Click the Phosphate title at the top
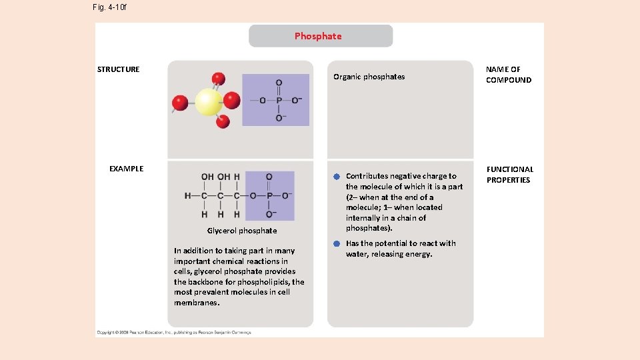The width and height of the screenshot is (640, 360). [x=318, y=36]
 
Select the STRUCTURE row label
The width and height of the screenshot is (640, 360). [x=119, y=69]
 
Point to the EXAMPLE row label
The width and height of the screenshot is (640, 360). [x=126, y=169]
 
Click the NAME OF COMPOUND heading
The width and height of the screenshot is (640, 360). [x=509, y=75]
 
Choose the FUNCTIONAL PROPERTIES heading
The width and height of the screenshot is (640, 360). [x=509, y=175]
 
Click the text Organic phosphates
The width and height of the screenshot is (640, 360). [x=369, y=77]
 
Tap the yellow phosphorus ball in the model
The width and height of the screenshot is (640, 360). [x=208, y=103]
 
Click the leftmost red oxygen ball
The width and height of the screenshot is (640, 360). [x=180, y=103]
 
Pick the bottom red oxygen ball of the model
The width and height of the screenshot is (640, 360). [x=223, y=121]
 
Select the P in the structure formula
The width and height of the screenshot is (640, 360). [x=279, y=101]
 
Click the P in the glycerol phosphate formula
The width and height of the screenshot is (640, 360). [x=269, y=196]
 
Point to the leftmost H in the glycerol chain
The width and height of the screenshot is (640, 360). [x=188, y=196]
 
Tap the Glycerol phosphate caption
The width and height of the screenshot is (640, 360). [x=241, y=231]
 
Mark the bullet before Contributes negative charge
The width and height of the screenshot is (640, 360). [x=337, y=177]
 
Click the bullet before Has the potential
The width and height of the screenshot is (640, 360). [x=337, y=244]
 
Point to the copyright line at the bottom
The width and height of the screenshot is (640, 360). [x=173, y=332]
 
